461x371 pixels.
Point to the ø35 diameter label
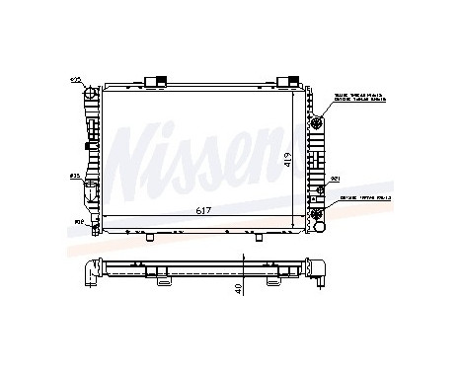point(74,177)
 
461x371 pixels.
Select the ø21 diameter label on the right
point(335,179)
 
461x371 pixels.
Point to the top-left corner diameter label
point(75,79)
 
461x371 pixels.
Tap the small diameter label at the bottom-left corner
point(78,222)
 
